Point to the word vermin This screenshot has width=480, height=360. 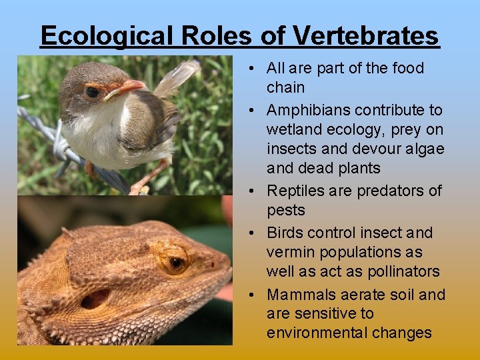click(x=289, y=252)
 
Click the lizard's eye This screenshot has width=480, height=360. click(x=176, y=263)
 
